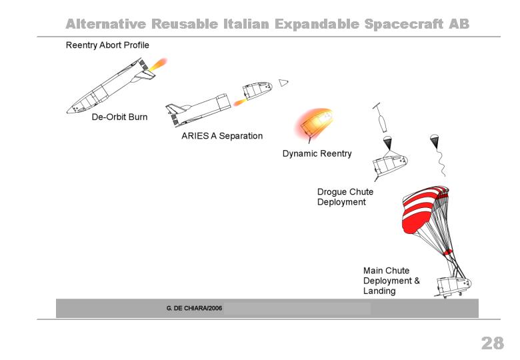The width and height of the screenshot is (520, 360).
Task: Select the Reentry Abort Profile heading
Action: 107,45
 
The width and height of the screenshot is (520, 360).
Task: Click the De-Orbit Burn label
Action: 119,117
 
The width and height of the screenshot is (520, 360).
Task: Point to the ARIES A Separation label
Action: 222,136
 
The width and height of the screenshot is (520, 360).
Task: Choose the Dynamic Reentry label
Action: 317,153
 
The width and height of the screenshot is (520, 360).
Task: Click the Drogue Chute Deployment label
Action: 345,197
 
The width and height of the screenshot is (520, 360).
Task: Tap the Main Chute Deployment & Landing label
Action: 391,281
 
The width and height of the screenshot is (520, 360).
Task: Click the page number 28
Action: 493,343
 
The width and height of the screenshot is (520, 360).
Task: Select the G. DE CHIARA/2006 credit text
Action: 195,308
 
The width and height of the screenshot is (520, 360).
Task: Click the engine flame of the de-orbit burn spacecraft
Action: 157,64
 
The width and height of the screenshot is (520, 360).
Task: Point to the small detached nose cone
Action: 283,83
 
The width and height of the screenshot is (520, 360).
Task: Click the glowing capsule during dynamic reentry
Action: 315,123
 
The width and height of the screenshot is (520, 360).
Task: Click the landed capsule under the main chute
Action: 454,287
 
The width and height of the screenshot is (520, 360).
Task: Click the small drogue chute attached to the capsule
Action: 388,142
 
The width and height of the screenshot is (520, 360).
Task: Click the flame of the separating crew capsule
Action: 240,102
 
